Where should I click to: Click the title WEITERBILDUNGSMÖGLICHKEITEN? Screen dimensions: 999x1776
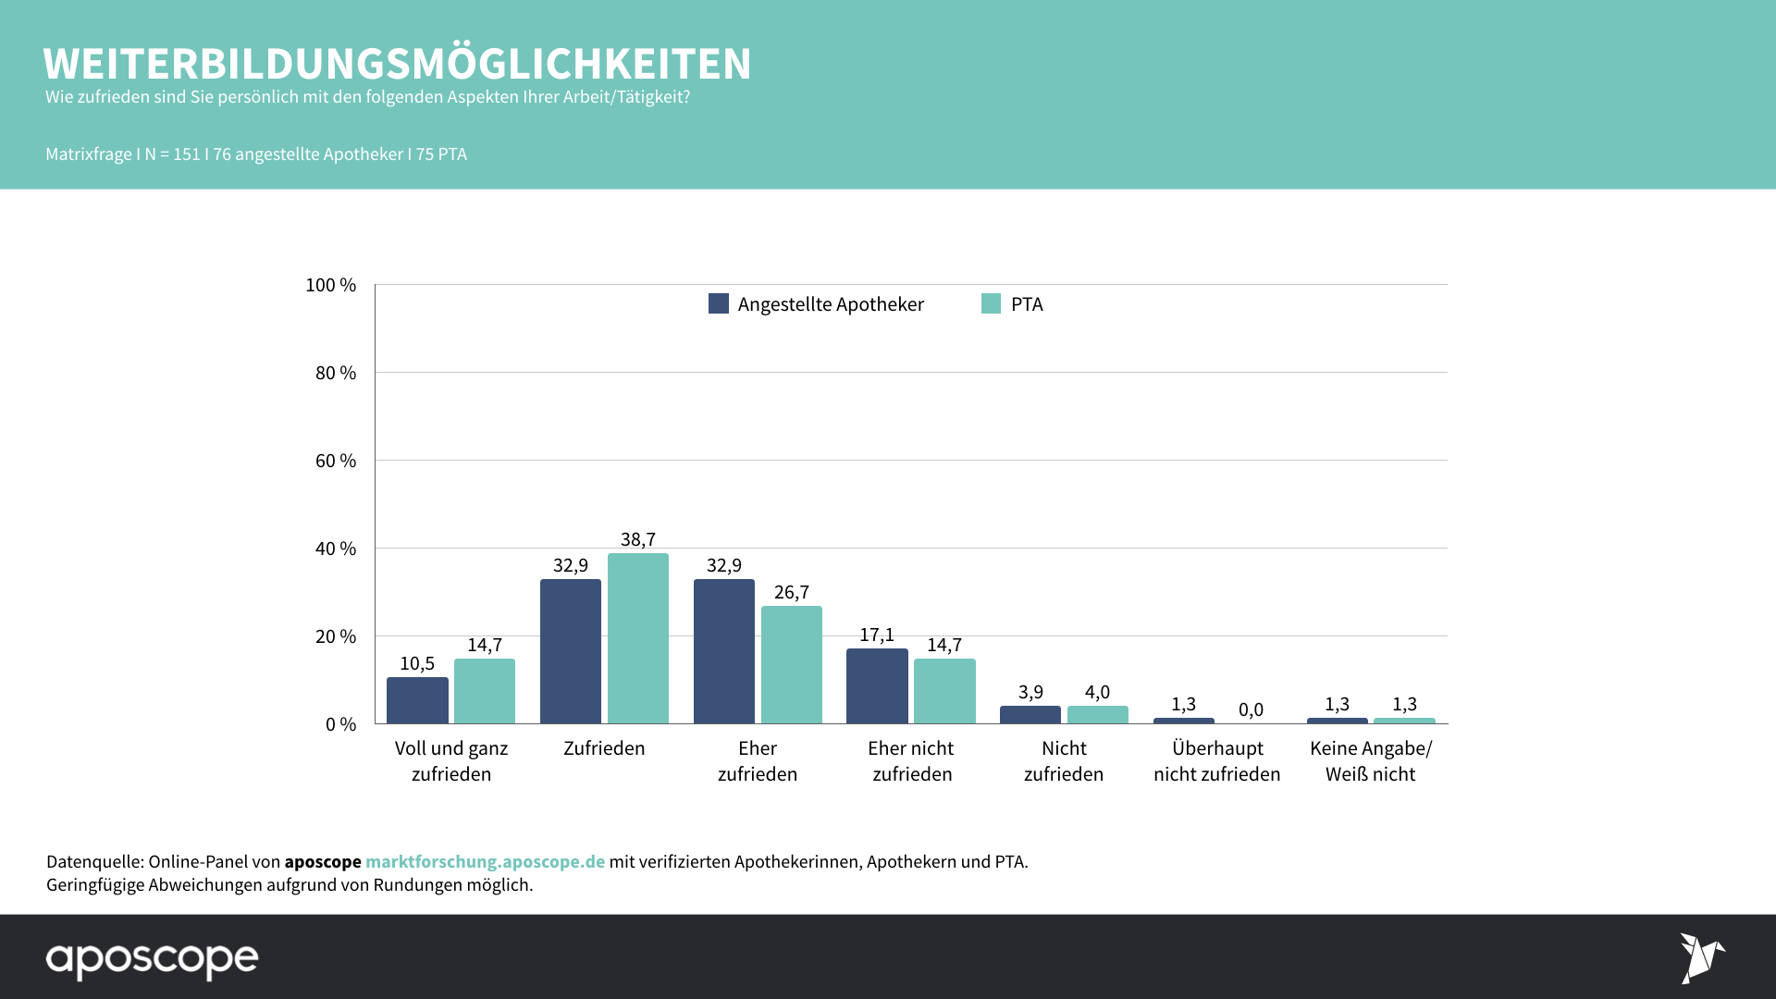point(397,64)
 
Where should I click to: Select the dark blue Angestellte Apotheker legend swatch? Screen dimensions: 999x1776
point(718,303)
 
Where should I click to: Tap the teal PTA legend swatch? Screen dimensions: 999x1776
point(991,303)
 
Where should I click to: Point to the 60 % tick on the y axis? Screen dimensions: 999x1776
point(336,461)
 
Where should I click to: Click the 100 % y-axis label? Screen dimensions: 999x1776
point(330,285)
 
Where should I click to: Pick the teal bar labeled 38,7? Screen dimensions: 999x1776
point(637,638)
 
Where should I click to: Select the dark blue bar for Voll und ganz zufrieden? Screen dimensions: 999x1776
point(417,700)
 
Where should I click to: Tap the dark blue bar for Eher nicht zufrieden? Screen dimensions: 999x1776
point(877,685)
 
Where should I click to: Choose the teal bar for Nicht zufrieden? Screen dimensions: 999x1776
point(1097,715)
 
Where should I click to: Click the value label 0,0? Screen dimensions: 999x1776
point(1251,709)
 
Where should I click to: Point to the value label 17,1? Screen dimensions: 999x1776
point(877,635)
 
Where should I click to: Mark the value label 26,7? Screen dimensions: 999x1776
point(791,592)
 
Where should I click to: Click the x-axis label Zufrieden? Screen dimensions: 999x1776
point(604,748)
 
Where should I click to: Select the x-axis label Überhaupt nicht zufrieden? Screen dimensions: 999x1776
point(1217,761)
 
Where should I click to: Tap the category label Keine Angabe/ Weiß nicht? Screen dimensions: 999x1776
point(1370,761)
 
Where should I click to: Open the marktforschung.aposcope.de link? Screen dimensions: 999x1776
point(485,861)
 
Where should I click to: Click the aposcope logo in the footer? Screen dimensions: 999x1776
point(153,959)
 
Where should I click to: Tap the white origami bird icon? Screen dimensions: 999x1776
point(1700,957)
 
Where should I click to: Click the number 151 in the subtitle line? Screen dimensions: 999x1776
point(187,154)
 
